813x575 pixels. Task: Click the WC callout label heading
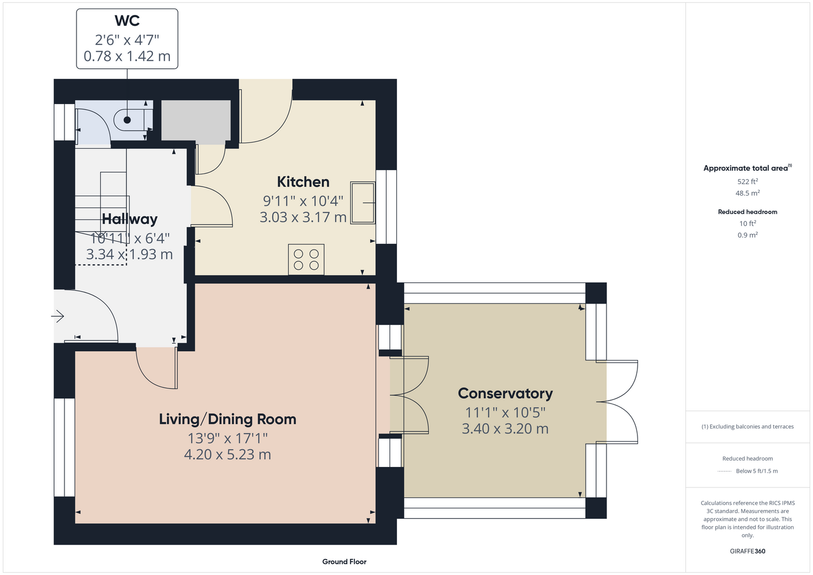(x=127, y=21)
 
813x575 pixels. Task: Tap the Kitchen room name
(x=303, y=182)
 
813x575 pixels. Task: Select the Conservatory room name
(x=505, y=393)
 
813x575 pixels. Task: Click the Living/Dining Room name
(x=228, y=419)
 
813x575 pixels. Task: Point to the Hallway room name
(x=129, y=218)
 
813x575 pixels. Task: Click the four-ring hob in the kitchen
(x=306, y=259)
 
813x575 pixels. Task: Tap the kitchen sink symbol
(x=362, y=203)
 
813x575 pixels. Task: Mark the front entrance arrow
(x=58, y=316)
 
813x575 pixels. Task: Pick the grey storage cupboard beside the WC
(x=196, y=120)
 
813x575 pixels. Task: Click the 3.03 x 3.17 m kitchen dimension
(x=303, y=217)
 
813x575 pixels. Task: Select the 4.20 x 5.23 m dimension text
(x=228, y=454)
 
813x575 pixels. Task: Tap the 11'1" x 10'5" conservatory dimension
(x=505, y=412)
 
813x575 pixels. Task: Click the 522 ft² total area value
(x=747, y=181)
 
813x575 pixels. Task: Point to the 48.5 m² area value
(x=747, y=193)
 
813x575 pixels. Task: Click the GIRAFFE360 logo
(x=747, y=551)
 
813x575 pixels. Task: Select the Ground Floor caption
(x=344, y=562)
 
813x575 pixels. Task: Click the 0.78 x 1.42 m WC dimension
(x=127, y=56)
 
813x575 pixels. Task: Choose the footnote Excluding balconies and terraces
(x=747, y=427)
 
